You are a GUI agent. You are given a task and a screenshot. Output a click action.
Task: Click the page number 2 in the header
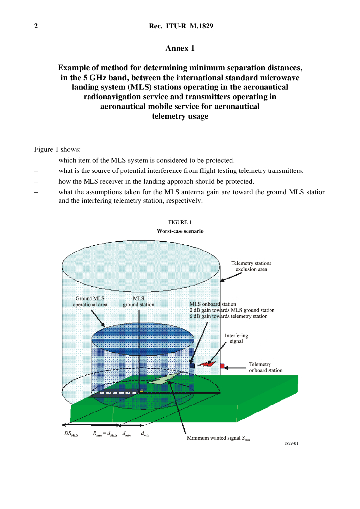click(x=36, y=26)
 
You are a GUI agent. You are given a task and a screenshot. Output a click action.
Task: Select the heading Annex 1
click(x=180, y=48)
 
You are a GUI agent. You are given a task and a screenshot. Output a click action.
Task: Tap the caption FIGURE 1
click(x=180, y=222)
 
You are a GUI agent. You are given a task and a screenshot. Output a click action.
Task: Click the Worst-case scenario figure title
click(x=180, y=231)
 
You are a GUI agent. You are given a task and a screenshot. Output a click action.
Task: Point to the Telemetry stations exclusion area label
click(x=251, y=266)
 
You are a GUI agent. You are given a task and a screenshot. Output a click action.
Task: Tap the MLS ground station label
click(x=138, y=301)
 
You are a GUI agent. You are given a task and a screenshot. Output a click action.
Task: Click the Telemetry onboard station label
click(x=266, y=367)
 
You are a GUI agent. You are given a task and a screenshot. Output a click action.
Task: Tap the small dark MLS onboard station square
click(x=192, y=365)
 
